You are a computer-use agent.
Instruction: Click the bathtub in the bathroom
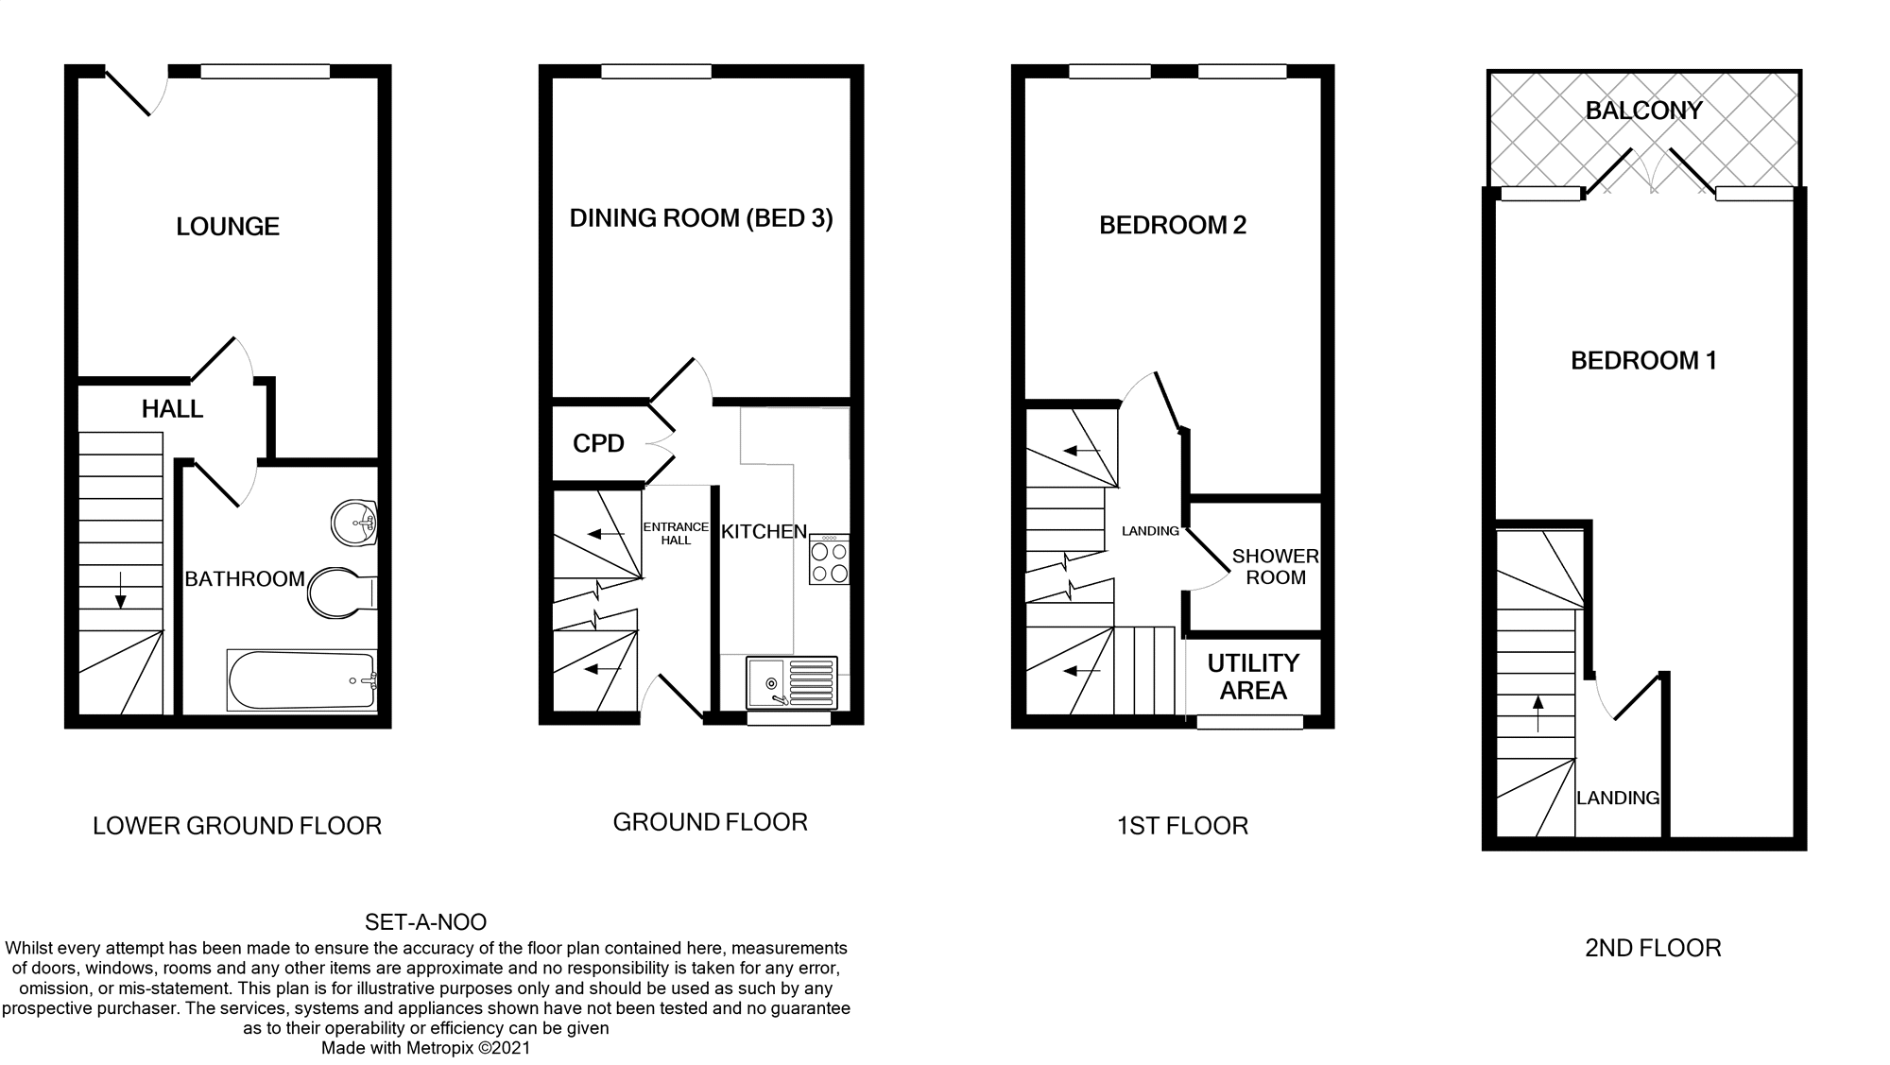click(301, 680)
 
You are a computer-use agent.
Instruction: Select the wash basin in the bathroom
click(354, 522)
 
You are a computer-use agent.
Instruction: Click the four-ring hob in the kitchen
click(829, 560)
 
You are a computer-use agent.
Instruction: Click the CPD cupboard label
click(598, 443)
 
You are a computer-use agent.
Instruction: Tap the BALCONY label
click(1643, 111)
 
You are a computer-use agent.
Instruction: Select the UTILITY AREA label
click(1253, 677)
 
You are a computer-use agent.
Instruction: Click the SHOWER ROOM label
click(1275, 567)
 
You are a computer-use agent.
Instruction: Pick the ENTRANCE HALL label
click(676, 533)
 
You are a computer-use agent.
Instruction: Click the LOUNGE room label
click(228, 227)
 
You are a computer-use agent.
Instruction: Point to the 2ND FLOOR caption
click(1653, 948)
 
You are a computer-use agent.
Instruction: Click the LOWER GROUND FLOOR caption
click(237, 826)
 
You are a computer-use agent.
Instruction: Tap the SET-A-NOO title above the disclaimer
click(425, 922)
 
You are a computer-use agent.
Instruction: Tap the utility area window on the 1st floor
click(1249, 722)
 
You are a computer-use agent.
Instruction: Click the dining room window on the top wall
click(656, 72)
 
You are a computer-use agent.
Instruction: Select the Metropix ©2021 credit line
click(425, 1048)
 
